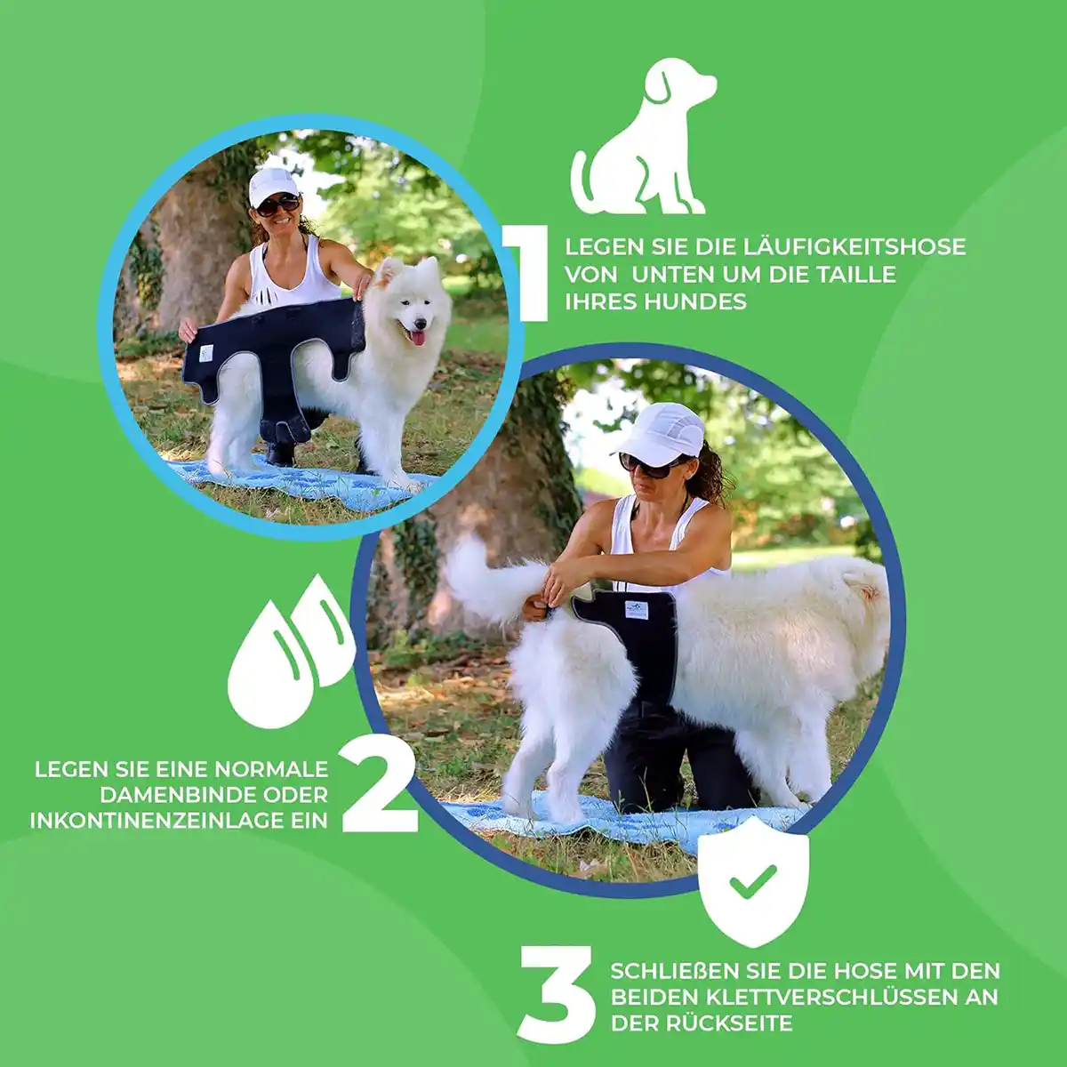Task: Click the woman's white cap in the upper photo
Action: click(272, 184)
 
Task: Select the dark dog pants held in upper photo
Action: click(267, 356)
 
